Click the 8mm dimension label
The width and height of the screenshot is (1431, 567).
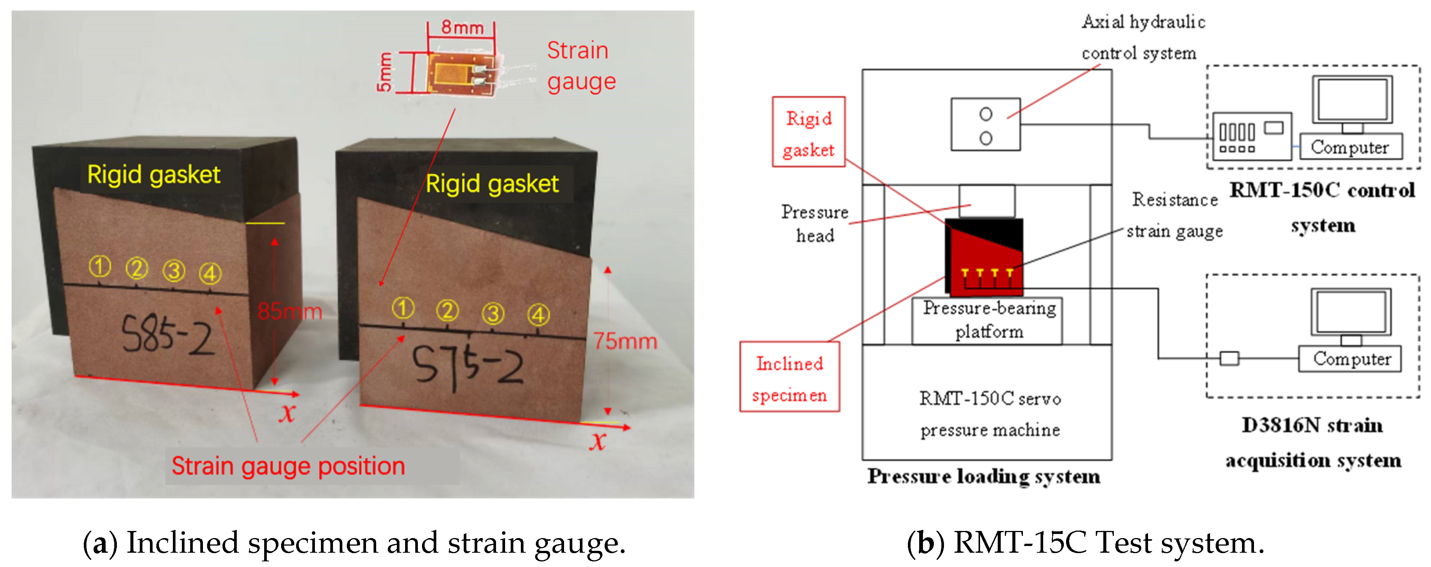point(461,27)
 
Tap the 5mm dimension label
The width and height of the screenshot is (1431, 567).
point(384,72)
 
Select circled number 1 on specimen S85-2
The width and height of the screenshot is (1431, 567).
point(100,267)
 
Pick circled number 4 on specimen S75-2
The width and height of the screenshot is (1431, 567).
point(538,315)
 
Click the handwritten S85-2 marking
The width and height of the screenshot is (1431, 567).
point(166,335)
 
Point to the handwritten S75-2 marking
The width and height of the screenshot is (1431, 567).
point(467,364)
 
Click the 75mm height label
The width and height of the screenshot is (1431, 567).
point(625,341)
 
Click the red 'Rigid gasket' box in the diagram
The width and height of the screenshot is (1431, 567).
point(808,132)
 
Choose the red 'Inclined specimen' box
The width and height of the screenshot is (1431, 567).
point(790,378)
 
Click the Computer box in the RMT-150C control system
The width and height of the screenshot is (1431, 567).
point(1350,146)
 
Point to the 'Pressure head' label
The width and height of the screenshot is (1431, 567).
point(815,223)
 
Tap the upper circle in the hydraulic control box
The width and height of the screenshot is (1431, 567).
point(985,114)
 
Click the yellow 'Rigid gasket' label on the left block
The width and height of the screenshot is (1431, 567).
point(153,174)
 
